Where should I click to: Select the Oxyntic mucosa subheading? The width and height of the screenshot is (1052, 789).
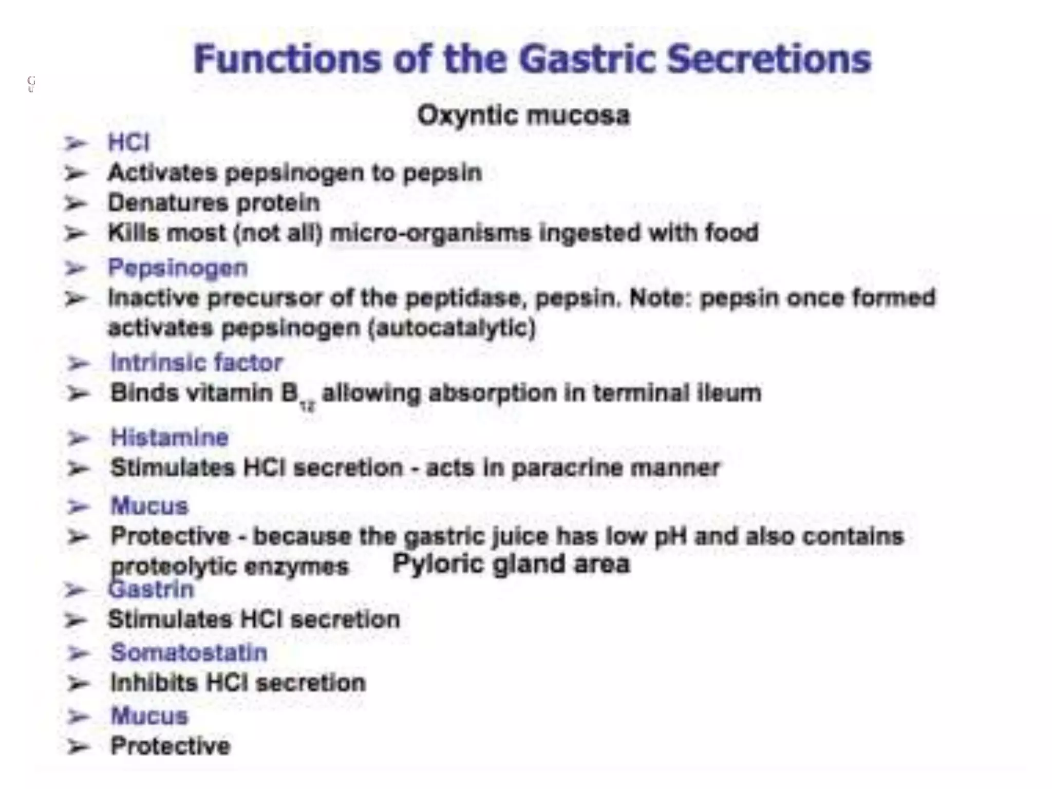pos(523,115)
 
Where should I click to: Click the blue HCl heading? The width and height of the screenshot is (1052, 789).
pos(128,142)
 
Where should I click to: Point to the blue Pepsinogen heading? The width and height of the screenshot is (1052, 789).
pos(178,268)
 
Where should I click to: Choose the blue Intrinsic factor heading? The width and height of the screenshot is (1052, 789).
pos(197,363)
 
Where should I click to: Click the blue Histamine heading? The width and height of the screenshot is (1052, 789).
pos(170,438)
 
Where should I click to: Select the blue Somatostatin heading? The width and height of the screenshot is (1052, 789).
pos(189,653)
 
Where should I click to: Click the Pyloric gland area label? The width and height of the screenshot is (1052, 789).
pos(511,563)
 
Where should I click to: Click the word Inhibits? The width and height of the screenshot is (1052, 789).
pos(154,683)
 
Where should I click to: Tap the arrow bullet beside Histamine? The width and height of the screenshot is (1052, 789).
pos(79,439)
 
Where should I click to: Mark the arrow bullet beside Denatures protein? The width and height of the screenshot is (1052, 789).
pos(76,203)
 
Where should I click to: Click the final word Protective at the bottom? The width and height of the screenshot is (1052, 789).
pos(171,746)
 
